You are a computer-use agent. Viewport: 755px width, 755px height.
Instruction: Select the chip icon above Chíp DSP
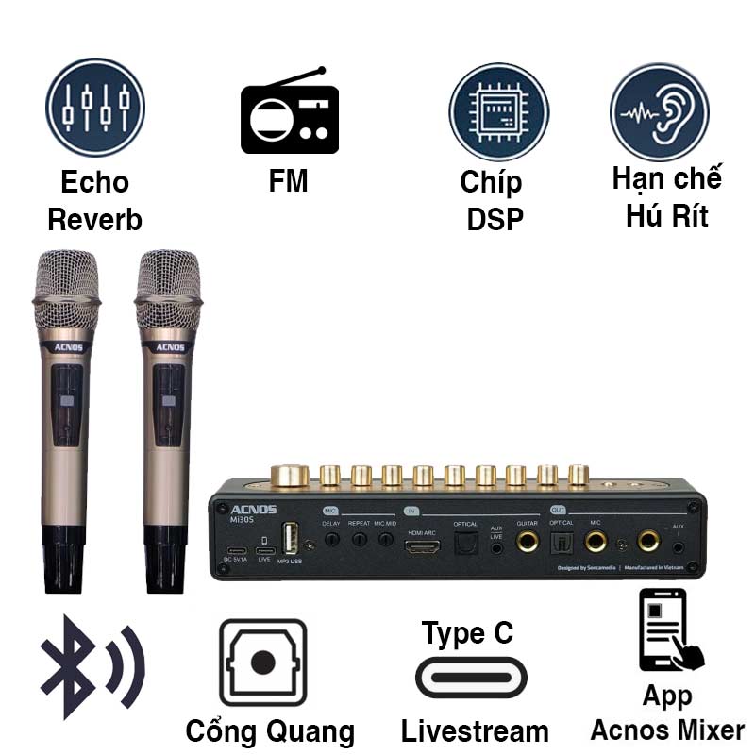pyautogui.click(x=498, y=111)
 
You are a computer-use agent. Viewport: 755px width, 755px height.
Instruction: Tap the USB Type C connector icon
pyautogui.click(x=471, y=677)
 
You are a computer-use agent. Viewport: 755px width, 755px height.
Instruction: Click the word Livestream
pyautogui.click(x=475, y=730)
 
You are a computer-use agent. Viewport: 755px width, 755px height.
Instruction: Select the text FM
pyautogui.click(x=288, y=180)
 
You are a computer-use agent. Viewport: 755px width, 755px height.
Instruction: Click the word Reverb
pyautogui.click(x=94, y=220)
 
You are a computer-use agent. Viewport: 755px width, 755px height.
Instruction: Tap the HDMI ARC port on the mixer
pyautogui.click(x=422, y=546)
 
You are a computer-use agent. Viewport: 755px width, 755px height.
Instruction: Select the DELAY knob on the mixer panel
pyautogui.click(x=331, y=541)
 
